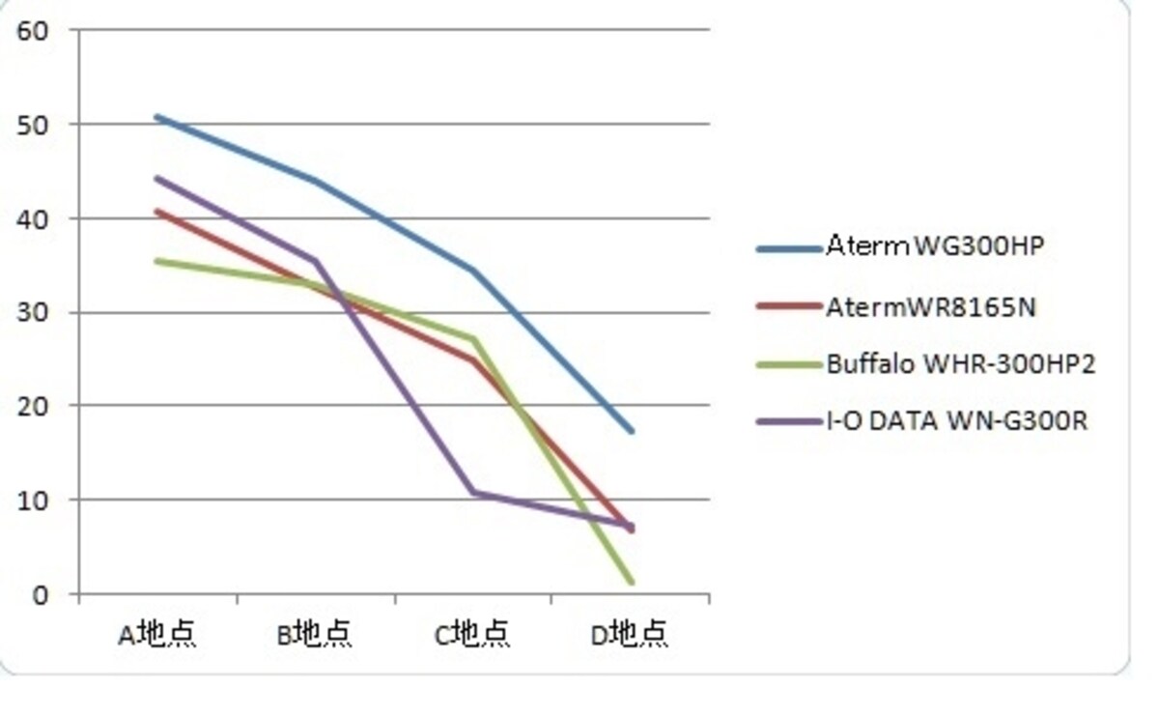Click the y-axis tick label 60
[x=33, y=31]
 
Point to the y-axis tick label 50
[x=33, y=126]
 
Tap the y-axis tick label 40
[x=33, y=219]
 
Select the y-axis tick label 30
[x=33, y=313]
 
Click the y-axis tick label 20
[x=33, y=407]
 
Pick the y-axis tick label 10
[x=33, y=501]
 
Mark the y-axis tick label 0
[x=41, y=595]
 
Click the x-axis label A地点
[x=157, y=634]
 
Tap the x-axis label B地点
[x=315, y=634]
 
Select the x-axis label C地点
[x=472, y=634]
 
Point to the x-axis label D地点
[x=629, y=634]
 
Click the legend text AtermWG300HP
[x=936, y=245]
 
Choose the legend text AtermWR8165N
[x=931, y=307]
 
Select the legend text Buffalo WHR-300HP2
[x=961, y=364]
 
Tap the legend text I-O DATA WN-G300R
[x=957, y=421]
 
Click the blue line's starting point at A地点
[x=157, y=117]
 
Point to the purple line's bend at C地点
[x=473, y=492]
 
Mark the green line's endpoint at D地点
[x=632, y=583]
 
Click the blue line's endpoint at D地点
[x=632, y=431]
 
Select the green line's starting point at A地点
[x=157, y=261]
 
